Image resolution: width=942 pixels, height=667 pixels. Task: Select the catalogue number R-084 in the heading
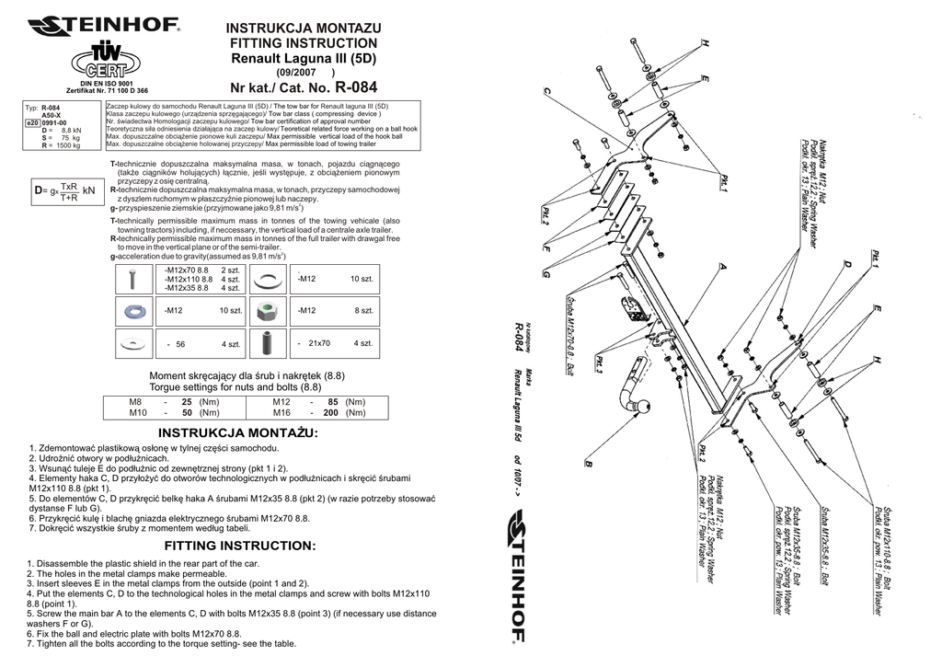[x=356, y=89]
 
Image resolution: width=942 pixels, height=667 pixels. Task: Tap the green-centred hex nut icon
[x=269, y=311]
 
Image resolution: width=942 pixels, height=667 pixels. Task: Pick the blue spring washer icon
[x=134, y=311]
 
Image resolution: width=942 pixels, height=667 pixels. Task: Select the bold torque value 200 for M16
[x=330, y=414]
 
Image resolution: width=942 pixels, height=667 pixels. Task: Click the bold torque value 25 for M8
[x=187, y=403]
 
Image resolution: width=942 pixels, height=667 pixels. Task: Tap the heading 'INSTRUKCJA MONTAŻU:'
[x=238, y=432]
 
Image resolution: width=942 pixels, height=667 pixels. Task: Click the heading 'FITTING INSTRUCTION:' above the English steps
[x=239, y=546]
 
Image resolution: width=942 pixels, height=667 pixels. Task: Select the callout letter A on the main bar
[x=723, y=266]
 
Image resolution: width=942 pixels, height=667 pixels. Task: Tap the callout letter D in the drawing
[x=845, y=264]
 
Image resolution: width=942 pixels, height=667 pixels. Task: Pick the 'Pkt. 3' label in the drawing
[x=598, y=364]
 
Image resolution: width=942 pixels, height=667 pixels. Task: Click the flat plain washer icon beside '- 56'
[x=134, y=343]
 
